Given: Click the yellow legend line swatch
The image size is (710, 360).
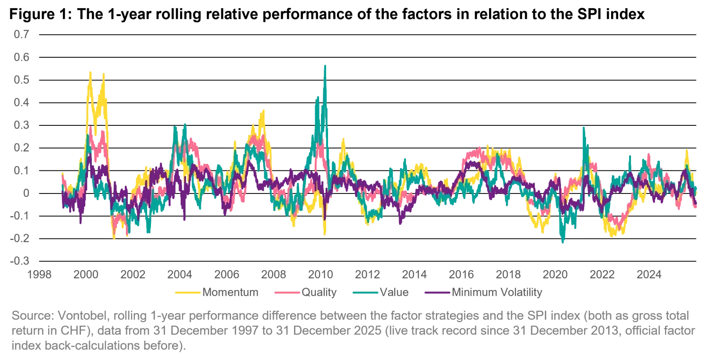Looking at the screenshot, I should (x=187, y=293).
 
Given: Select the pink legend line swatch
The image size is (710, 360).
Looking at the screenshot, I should (x=286, y=293).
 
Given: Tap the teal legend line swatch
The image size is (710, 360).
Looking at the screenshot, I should (x=365, y=293).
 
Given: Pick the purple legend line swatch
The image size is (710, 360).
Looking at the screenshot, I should (x=437, y=293).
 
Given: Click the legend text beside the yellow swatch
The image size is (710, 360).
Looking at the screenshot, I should (x=231, y=293).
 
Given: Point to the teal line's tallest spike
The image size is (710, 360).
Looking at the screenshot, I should (x=325, y=66).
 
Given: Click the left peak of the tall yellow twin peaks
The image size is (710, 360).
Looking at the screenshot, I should (x=90, y=71).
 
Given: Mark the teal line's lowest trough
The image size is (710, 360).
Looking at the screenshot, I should (x=562, y=243).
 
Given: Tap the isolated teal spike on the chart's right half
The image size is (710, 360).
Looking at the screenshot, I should (x=584, y=128).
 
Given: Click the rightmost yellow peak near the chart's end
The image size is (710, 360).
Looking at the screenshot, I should (x=686, y=150).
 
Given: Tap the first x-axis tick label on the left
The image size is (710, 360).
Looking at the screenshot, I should (x=39, y=274).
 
